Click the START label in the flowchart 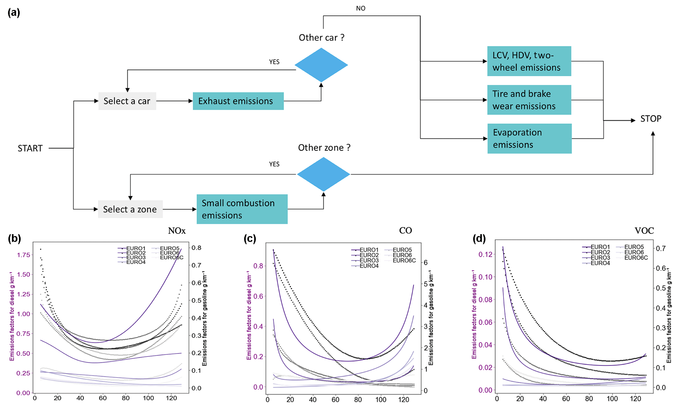coord(30,148)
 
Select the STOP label coord(651,119)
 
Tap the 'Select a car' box coord(127,101)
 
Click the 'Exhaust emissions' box coord(238,101)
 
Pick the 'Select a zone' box coord(130,209)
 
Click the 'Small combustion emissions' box coord(242,209)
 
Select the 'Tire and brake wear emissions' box coord(529,100)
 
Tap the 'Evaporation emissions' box coord(529,138)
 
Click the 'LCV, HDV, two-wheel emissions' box coord(529,61)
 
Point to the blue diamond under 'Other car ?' coord(321,65)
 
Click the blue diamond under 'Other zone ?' coord(323,174)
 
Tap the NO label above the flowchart coord(360,9)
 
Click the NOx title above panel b coord(177,231)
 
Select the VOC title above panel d coord(644,231)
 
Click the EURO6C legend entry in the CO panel coord(404,261)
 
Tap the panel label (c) coord(250,238)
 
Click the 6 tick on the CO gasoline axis coord(425,262)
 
